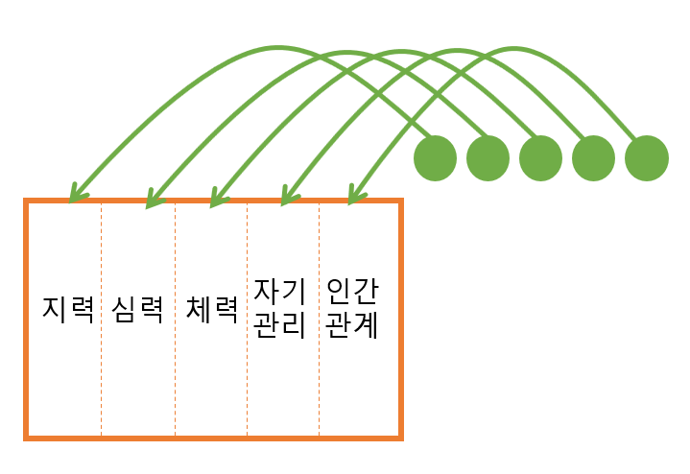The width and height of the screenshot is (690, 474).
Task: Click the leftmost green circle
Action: click(x=435, y=157)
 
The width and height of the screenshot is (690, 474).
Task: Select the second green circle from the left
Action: click(x=488, y=157)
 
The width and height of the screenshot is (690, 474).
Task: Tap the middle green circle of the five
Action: click(x=540, y=157)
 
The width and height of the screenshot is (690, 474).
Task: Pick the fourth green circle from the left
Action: click(x=593, y=157)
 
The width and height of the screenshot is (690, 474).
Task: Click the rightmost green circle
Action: click(x=646, y=157)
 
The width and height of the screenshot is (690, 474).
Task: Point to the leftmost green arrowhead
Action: click(x=77, y=196)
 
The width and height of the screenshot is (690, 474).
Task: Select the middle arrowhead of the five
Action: click(x=218, y=199)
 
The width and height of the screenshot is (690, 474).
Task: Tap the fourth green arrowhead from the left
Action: click(x=288, y=199)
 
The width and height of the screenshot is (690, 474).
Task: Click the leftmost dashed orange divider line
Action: click(x=102, y=317)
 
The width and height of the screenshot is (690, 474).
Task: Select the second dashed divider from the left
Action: click(x=176, y=317)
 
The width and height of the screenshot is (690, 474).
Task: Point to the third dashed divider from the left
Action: click(x=248, y=317)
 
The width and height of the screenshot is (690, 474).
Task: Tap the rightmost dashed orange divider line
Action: click(x=320, y=317)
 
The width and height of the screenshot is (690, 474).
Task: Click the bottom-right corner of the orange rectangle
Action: click(x=400, y=438)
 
